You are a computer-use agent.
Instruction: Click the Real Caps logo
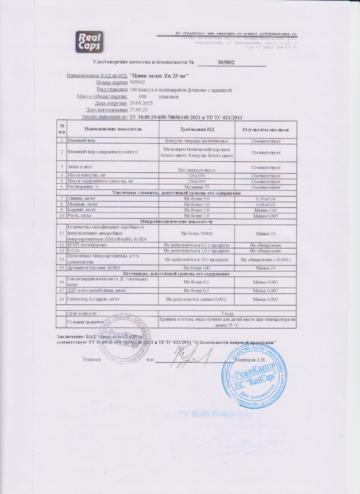point(89,42)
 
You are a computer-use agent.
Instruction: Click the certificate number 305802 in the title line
point(226,62)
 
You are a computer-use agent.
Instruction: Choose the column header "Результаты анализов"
point(266,129)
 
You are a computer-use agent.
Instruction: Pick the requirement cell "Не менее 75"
point(198,187)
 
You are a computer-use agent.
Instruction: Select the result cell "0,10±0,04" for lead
point(266,198)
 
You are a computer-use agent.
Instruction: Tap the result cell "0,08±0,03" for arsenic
point(266,204)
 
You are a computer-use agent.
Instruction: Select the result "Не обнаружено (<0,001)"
point(266,259)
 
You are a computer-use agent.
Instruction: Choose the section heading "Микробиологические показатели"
point(177,221)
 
